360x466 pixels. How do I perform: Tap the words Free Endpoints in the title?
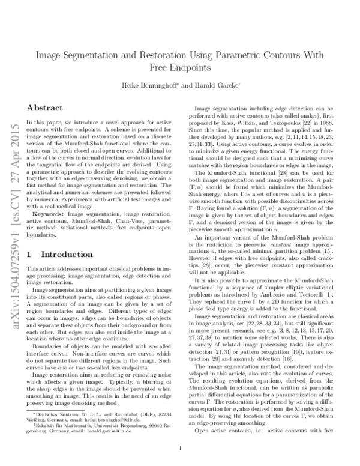pyautogui.click(x=179, y=67)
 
